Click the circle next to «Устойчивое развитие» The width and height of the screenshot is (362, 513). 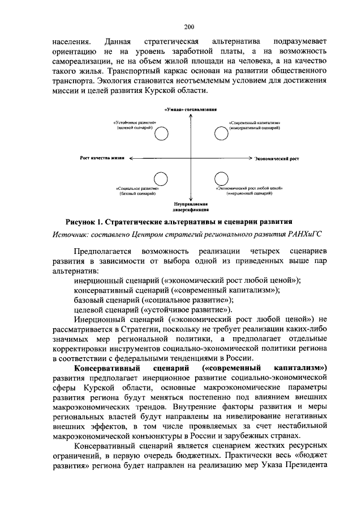click(x=162, y=133)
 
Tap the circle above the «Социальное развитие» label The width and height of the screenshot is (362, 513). click(x=162, y=179)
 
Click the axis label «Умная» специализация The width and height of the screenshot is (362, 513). click(x=191, y=109)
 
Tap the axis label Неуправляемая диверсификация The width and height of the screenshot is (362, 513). click(x=191, y=205)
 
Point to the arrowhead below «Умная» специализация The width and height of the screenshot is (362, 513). click(x=191, y=116)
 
